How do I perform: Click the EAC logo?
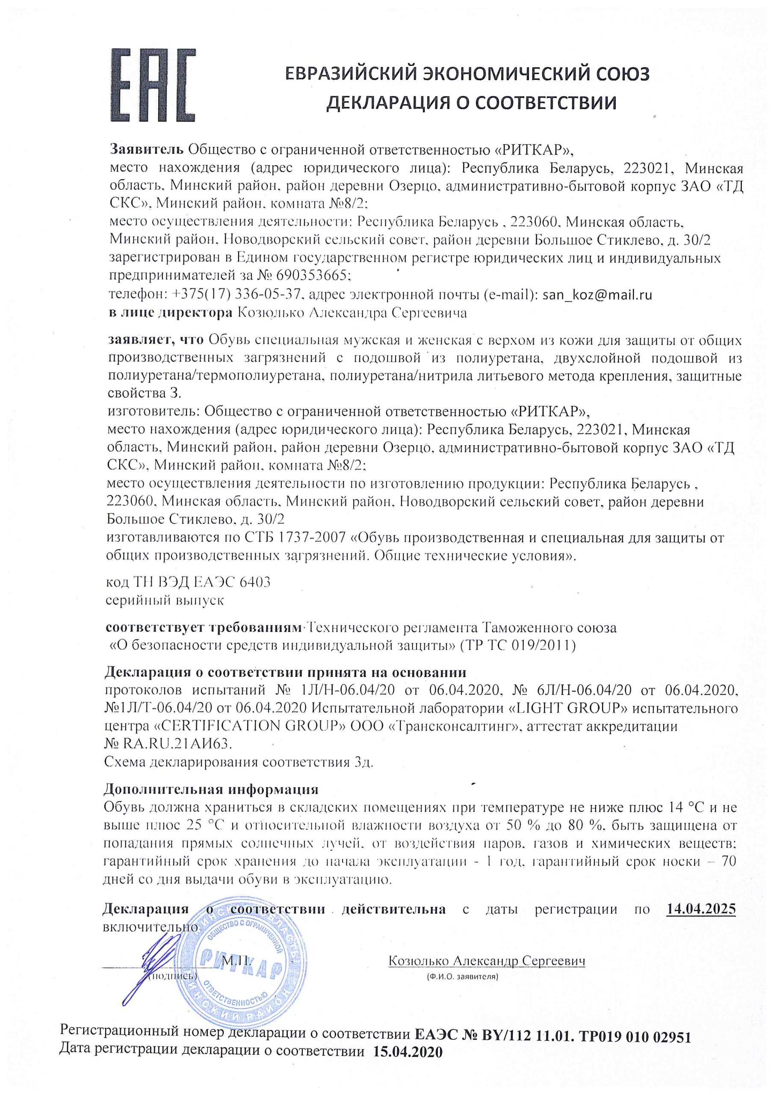tap(153, 86)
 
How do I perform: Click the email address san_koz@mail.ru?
tap(597, 295)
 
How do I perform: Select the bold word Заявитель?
tap(147, 149)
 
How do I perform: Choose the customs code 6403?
tap(255, 582)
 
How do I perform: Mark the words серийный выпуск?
tap(165, 600)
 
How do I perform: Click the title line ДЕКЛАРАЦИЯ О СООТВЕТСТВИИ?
tap(471, 103)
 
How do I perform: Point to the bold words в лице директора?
tap(170, 314)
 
